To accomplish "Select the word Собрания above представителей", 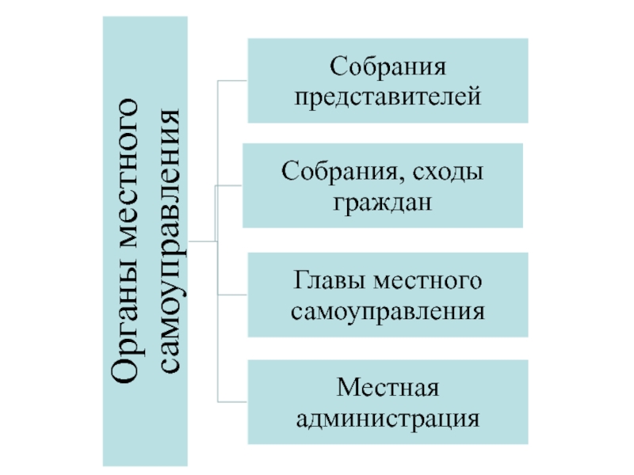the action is pyautogui.click(x=388, y=65).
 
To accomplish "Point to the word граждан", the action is pyautogui.click(x=382, y=203).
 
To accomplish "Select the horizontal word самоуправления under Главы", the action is pyautogui.click(x=388, y=310).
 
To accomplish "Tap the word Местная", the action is pyautogui.click(x=388, y=387).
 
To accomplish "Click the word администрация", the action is pyautogui.click(x=388, y=417).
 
